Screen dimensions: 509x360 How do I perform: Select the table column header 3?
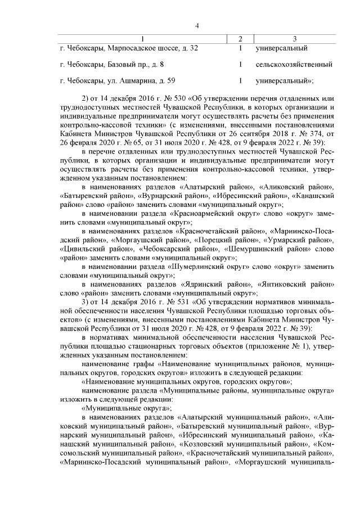pos(295,38)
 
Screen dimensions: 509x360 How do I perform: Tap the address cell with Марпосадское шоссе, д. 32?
pos(129,48)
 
